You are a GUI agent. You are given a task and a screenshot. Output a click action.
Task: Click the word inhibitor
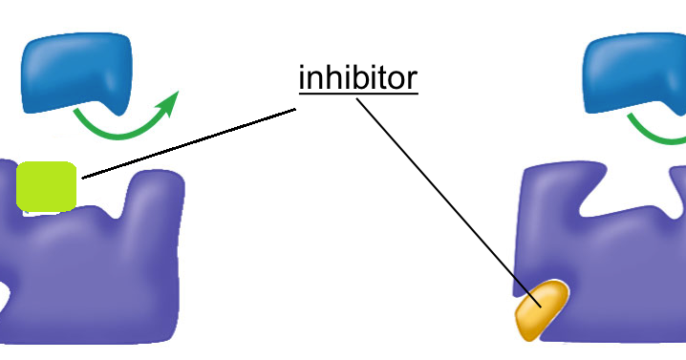coord(358,77)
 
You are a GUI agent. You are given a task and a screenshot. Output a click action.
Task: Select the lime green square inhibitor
coord(46,186)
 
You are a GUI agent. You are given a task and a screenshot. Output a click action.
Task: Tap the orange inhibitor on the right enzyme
coord(542,308)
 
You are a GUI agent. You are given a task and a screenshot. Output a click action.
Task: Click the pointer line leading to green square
coord(191,142)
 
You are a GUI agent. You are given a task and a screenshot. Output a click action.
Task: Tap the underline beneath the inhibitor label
coord(358,94)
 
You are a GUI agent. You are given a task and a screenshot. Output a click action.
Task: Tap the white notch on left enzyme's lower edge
coord(4,306)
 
